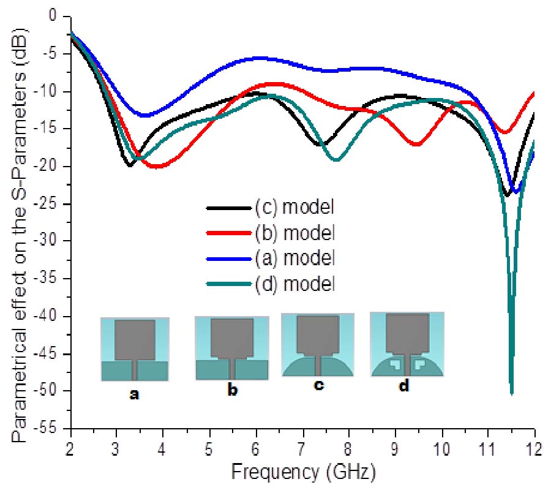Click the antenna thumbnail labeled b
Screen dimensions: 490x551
point(231,348)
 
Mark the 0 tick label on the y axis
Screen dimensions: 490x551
point(60,17)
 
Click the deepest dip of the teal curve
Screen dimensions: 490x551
point(511,393)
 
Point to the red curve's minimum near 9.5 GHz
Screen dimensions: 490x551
point(416,145)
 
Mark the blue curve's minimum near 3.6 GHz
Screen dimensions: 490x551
point(145,115)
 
